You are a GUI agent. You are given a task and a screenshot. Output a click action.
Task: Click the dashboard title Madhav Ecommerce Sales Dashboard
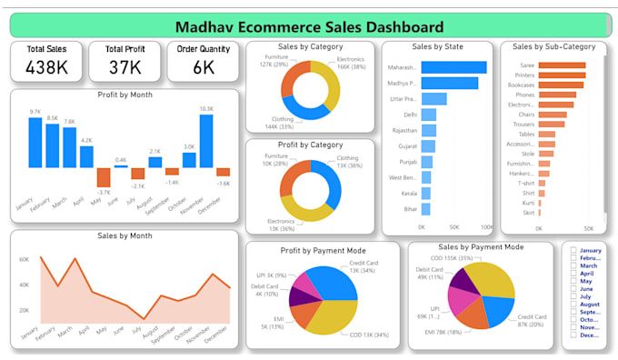(309, 26)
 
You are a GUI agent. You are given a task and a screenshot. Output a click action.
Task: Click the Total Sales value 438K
(47, 68)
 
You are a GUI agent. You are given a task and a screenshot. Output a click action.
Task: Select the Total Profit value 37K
(125, 68)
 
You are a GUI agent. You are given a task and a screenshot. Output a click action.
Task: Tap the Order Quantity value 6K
(204, 68)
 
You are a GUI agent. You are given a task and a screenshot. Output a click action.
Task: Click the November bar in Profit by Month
(206, 140)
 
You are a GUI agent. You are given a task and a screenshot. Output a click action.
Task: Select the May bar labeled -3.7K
(103, 177)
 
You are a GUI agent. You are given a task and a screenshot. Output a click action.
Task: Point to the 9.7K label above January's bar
(35, 112)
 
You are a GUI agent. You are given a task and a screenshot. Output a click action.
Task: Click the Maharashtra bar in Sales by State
(454, 67)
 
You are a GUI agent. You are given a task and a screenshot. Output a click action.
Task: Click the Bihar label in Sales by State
(410, 208)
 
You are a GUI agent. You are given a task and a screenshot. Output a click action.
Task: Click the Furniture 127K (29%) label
(274, 60)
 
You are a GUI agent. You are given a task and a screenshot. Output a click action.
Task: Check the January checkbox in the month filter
(572, 250)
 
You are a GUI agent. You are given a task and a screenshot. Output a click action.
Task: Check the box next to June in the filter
(572, 288)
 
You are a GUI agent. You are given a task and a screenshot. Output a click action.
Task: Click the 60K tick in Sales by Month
(25, 259)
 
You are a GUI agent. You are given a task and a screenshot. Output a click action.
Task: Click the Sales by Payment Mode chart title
(480, 246)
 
